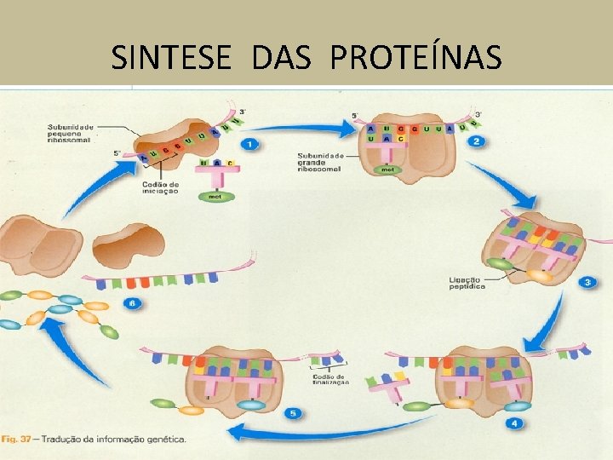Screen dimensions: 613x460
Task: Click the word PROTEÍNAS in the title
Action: pyautogui.click(x=415, y=57)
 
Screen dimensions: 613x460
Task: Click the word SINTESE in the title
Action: pyautogui.click(x=170, y=57)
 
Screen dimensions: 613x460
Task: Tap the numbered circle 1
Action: pyautogui.click(x=249, y=144)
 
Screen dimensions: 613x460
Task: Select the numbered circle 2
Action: pyautogui.click(x=478, y=141)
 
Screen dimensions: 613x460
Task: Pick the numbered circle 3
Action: pyautogui.click(x=587, y=282)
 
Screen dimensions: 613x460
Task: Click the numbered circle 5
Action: pyautogui.click(x=293, y=413)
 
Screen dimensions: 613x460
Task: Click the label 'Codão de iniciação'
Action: pyautogui.click(x=161, y=187)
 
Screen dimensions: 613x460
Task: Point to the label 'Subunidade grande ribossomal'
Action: pyautogui.click(x=320, y=162)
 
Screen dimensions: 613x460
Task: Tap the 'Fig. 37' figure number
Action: pyautogui.click(x=17, y=440)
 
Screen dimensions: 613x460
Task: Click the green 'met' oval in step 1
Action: pyautogui.click(x=214, y=198)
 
